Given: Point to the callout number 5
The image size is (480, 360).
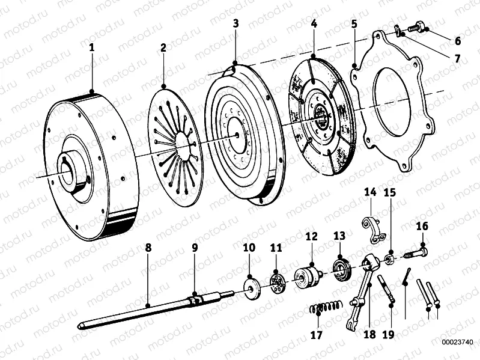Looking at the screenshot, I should click(x=354, y=24).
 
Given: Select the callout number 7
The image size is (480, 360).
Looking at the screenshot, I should click(x=457, y=59).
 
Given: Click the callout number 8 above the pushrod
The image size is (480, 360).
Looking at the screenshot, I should click(x=148, y=246).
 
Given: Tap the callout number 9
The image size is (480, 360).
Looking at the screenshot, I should click(x=194, y=246).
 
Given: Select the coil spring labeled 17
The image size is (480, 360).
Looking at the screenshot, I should click(x=326, y=308).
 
